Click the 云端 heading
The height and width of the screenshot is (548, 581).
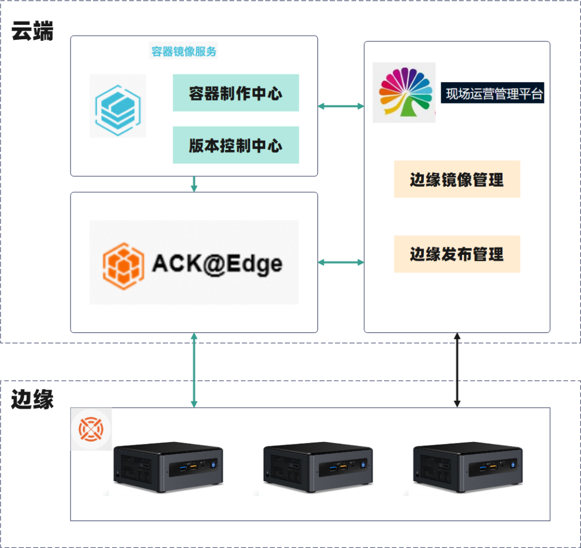[x=33, y=32]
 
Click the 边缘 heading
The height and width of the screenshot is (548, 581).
[x=33, y=400]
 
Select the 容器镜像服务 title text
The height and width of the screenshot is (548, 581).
[x=184, y=52]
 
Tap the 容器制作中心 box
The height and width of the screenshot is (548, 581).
[x=236, y=93]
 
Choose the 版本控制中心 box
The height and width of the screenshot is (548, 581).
[x=236, y=145]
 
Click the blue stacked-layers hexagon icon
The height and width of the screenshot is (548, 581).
[x=118, y=106]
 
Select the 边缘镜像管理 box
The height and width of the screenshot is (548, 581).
[x=457, y=179]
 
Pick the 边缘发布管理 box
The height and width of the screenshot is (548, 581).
[x=457, y=254]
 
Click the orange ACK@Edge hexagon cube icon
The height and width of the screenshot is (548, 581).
[x=123, y=263]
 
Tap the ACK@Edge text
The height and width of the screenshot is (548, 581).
[x=217, y=263]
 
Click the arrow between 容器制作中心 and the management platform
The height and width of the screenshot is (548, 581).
[x=341, y=106]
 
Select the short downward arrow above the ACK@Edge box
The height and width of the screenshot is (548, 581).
[x=194, y=184]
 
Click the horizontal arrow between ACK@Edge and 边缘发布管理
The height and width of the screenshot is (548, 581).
[x=341, y=262]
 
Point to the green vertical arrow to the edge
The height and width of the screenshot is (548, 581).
[x=194, y=370]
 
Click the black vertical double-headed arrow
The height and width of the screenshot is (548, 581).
[x=457, y=370]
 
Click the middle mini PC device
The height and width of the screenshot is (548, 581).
[x=318, y=468]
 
